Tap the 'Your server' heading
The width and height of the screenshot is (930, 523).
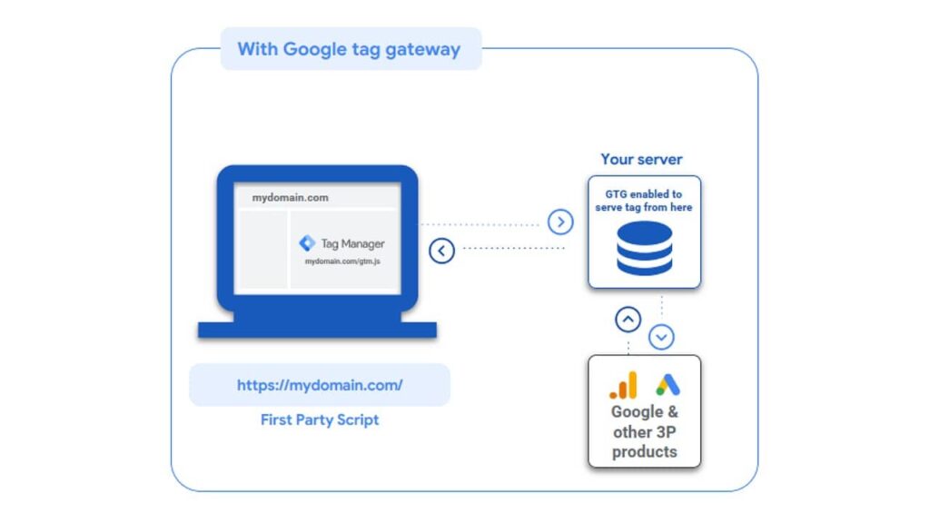[x=641, y=159]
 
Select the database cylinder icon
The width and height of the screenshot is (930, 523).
[x=644, y=247]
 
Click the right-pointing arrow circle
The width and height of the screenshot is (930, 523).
[x=560, y=222]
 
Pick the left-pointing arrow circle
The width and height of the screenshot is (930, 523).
[x=441, y=250]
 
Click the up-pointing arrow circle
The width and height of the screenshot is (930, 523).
[x=628, y=320]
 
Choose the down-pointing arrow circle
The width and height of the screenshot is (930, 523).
[x=661, y=337]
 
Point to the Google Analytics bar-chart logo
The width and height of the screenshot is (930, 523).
[x=623, y=386]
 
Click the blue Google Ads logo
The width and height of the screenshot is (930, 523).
[x=668, y=384]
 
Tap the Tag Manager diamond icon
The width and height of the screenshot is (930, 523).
[x=307, y=243]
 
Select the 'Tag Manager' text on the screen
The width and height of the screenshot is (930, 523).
[x=352, y=243]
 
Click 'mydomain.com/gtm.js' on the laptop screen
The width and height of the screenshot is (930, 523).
[x=342, y=261]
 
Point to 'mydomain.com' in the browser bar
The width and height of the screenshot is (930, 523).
[x=290, y=197]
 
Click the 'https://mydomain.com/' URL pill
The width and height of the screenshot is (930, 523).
[x=320, y=385]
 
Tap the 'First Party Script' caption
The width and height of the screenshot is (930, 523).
[x=320, y=419]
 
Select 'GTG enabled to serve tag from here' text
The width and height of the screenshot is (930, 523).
[x=644, y=201]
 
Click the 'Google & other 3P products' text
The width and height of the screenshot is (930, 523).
[x=644, y=431]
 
